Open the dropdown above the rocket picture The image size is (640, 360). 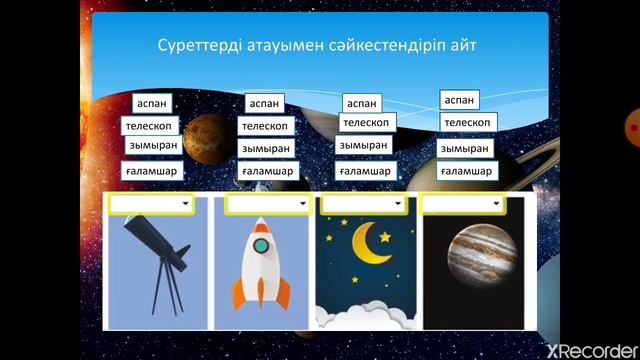[x=267, y=204]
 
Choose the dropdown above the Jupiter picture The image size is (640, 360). [x=461, y=204]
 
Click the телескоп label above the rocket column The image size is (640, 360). [x=265, y=126]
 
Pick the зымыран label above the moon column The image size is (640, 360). [x=363, y=145]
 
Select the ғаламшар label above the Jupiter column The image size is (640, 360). [x=468, y=171]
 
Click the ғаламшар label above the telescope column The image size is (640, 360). [x=151, y=171]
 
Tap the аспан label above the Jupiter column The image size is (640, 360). [x=460, y=100]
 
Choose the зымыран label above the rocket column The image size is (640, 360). [x=265, y=149]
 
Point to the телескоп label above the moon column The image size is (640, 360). [x=365, y=123]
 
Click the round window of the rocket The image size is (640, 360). [x=261, y=244]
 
